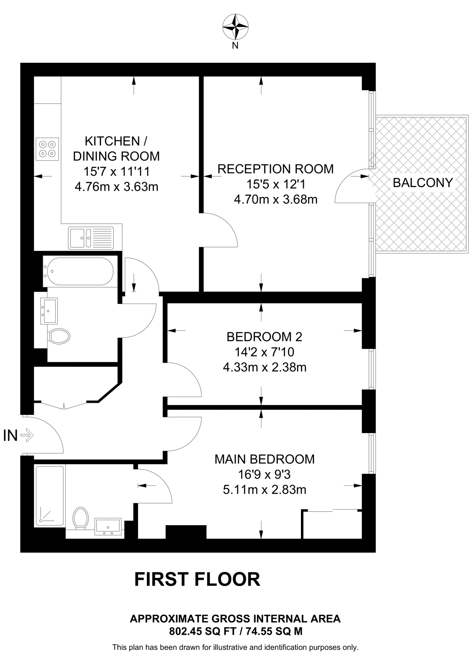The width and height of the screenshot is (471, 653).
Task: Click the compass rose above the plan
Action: [x=235, y=27]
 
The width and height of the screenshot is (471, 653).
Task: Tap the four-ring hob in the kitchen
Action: [x=47, y=149]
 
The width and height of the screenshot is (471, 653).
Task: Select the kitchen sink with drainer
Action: [x=91, y=238]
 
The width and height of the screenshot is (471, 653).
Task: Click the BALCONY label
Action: [x=423, y=183]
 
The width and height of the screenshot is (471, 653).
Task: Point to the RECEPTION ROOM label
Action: [x=275, y=169]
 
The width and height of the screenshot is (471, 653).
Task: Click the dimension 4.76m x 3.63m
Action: [x=116, y=187]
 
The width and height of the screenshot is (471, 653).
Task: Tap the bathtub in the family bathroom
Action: [x=78, y=271]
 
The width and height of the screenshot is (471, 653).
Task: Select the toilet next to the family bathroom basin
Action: [x=59, y=336]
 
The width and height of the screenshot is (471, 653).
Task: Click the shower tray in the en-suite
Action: [x=50, y=495]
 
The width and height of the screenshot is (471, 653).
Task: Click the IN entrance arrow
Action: [x=27, y=435]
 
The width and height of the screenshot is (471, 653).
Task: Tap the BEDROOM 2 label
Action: [x=264, y=337]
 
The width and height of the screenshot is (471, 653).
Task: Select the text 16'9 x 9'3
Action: [x=264, y=475]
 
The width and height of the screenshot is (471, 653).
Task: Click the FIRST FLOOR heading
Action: [x=197, y=579]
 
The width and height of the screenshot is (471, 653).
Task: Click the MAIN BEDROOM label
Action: [x=264, y=459]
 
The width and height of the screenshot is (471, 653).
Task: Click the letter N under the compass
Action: [x=235, y=46]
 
